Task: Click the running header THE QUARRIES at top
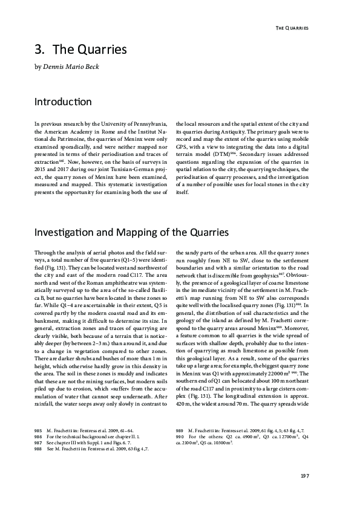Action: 292,28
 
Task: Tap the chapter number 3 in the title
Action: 38,49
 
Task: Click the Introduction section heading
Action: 63,102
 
